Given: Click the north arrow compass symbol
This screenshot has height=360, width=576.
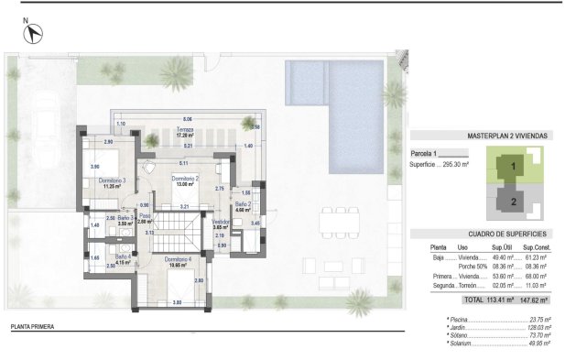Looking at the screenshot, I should pos(33,34).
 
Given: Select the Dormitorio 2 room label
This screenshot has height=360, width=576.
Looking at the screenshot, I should pos(186,180).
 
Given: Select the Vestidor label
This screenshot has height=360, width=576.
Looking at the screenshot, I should pos(220,223).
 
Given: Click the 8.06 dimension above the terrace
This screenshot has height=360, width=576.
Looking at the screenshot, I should pos(187,119).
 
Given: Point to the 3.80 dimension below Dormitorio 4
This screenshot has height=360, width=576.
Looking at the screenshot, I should pos(177,302).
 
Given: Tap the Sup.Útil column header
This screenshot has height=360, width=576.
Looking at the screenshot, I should pos(499,247).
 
